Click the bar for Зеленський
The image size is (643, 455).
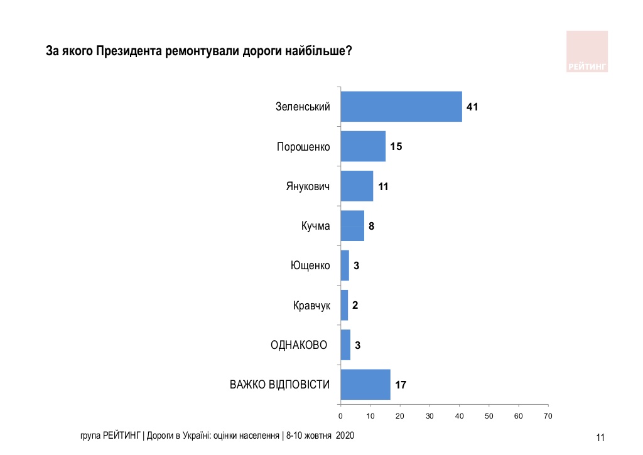[401, 107]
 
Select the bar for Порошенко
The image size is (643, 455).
[363, 146]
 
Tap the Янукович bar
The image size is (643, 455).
[357, 186]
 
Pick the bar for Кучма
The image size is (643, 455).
[352, 226]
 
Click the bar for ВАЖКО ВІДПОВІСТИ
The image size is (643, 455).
[365, 385]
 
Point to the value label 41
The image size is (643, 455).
[472, 107]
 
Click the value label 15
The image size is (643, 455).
[396, 147]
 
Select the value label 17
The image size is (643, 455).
[401, 385]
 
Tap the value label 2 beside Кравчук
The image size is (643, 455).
[355, 306]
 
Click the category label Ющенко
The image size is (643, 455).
[310, 265]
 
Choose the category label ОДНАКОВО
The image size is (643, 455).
[299, 345]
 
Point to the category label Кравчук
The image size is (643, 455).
[311, 306]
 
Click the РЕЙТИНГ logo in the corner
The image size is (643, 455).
[587, 51]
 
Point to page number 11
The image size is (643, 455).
[600, 438]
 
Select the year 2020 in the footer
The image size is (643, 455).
[345, 435]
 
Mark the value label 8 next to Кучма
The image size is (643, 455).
[372, 227]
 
